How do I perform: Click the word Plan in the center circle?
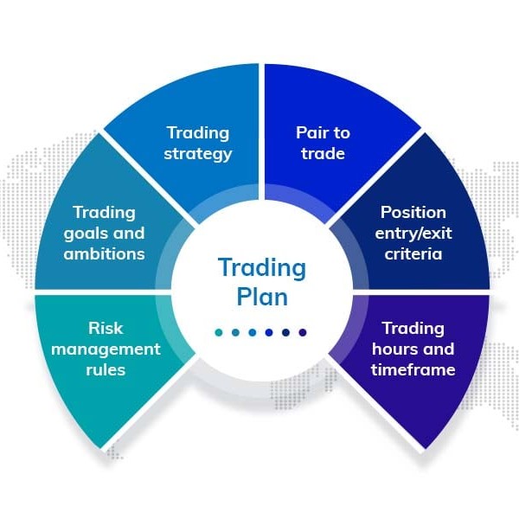coord(262,297)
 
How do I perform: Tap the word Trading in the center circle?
coord(262,267)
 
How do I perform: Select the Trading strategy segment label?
coord(198,144)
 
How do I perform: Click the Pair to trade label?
coord(322,144)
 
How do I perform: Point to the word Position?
coord(413,212)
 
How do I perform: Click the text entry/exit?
coord(413,233)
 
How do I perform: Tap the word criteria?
coord(413,253)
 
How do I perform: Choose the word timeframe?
coord(413,369)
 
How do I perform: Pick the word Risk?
coord(106,328)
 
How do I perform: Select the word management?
coord(106,349)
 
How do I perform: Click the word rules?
coord(106,369)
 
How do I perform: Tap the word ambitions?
coord(104,253)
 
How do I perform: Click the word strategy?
coord(198,154)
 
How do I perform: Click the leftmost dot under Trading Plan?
coord(219,332)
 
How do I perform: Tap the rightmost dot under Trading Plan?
coord(303,332)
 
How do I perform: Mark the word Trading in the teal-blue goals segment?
coord(104,212)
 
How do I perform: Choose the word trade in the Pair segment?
coord(322,154)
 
